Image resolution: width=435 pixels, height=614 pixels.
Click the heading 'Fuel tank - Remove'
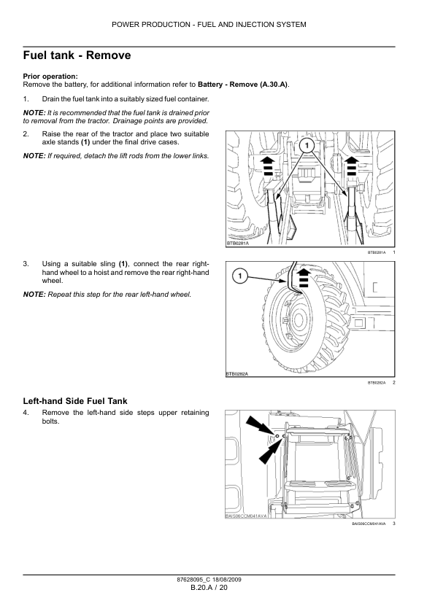[77, 55]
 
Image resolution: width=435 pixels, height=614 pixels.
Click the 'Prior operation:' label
[50, 77]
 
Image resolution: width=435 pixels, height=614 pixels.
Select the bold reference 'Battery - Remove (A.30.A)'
[243, 84]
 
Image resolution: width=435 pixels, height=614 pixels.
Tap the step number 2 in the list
[26, 134]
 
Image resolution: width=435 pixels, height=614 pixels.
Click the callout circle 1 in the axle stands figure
[307, 146]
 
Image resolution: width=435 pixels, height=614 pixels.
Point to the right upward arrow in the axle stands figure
[352, 166]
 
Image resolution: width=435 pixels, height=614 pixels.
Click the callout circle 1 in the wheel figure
[240, 276]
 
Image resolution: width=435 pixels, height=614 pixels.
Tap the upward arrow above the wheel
[303, 278]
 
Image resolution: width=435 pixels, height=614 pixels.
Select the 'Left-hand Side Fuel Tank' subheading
[75, 401]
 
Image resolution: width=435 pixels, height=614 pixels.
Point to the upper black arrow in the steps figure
[259, 426]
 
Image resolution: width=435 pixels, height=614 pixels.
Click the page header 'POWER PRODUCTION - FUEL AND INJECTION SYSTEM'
[209, 25]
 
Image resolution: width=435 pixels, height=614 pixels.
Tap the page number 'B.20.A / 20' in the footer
[209, 587]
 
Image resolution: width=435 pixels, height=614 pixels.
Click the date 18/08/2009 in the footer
[227, 580]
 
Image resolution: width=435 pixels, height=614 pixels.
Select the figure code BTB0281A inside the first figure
[238, 243]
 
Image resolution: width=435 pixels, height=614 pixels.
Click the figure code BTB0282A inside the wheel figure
[237, 374]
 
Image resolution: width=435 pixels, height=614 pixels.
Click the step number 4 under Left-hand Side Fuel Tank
[26, 413]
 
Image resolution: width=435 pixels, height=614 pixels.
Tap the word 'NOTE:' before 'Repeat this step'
[34, 295]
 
